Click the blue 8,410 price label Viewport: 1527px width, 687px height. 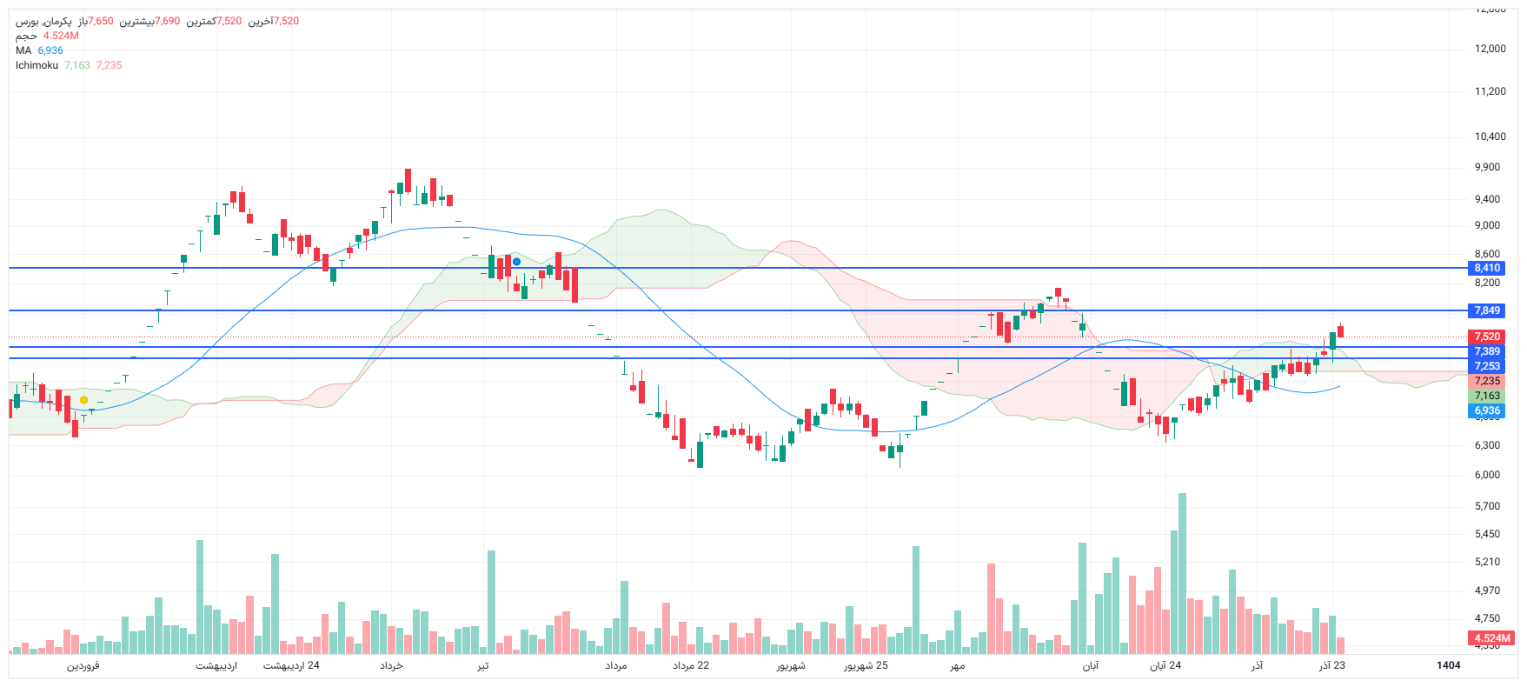point(1487,268)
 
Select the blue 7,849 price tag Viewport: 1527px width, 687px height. point(1487,310)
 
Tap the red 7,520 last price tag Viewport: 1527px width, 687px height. point(1487,337)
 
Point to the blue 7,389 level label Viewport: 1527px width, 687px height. point(1487,351)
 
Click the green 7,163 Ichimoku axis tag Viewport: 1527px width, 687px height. point(1487,396)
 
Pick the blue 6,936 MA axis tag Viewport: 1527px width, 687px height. point(1487,410)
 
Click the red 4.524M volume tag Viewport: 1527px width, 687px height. point(1492,638)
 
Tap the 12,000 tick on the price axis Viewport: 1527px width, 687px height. point(1490,49)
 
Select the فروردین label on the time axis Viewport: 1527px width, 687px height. point(83,666)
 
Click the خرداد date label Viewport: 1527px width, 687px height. point(391,666)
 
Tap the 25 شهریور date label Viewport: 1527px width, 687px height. point(866,666)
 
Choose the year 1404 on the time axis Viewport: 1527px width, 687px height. point(1448,666)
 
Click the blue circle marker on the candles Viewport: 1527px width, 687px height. point(517,262)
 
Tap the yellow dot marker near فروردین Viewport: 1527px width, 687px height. point(83,400)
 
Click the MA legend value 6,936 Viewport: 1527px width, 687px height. point(50,50)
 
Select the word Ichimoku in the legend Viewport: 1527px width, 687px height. point(37,65)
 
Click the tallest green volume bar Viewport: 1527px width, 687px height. point(1182,574)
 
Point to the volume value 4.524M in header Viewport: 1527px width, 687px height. point(61,36)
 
